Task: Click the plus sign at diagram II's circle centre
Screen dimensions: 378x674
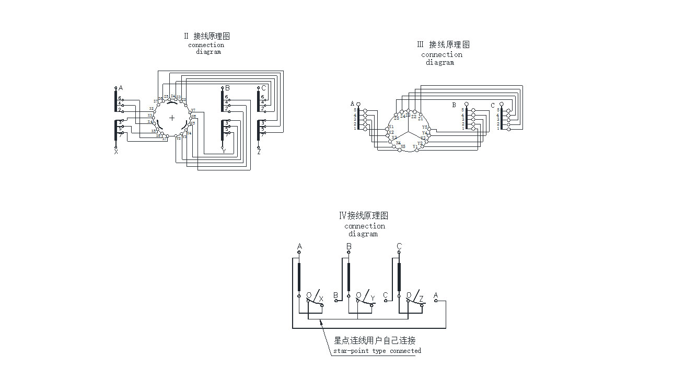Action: [x=172, y=118]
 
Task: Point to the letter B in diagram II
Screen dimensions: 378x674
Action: [x=227, y=88]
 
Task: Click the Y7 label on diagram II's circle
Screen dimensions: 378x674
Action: [x=193, y=110]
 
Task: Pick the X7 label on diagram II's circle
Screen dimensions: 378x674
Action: [x=156, y=101]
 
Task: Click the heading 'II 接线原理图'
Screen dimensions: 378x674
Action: [x=207, y=36]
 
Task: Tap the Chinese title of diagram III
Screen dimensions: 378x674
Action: [x=443, y=44]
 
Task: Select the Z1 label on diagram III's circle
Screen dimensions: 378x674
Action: [x=421, y=119]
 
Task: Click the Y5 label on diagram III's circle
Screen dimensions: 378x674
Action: [x=425, y=127]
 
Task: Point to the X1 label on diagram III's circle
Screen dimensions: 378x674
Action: [x=391, y=127]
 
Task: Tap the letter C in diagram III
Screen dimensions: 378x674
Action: [x=492, y=106]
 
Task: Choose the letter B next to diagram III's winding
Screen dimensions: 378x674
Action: [x=454, y=105]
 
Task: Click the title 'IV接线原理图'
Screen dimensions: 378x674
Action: [x=364, y=215]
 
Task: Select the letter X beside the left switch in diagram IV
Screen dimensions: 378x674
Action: [x=321, y=299]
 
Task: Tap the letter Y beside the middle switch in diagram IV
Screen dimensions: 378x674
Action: [x=373, y=299]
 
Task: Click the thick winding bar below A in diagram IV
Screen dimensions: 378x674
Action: [x=299, y=277]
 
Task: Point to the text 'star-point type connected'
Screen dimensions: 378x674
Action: [x=377, y=351]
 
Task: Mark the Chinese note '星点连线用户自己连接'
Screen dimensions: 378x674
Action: [x=375, y=340]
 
